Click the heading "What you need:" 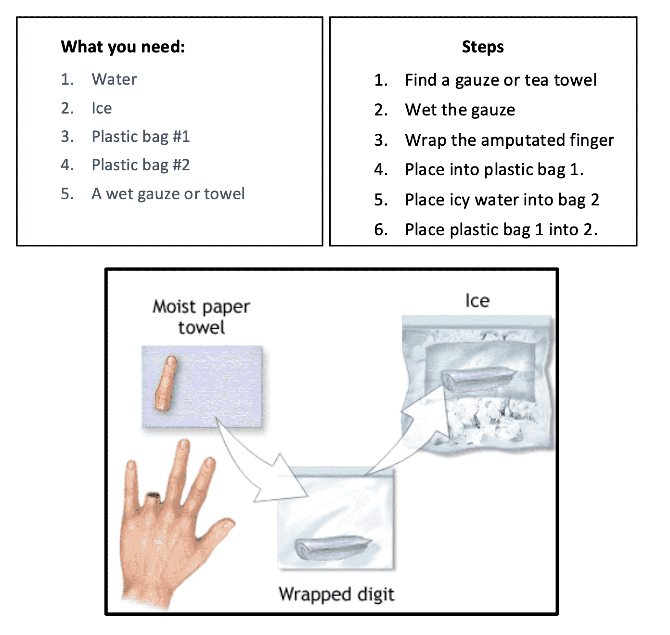[123, 47]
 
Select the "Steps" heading [483, 47]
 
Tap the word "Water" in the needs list [114, 79]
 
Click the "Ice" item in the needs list [102, 108]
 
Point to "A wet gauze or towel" [168, 194]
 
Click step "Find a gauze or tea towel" [501, 80]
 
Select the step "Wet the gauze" [460, 110]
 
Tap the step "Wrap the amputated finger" [510, 140]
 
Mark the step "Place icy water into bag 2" [502, 200]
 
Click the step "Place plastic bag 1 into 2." [502, 229]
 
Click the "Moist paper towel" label [201, 317]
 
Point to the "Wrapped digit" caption [336, 595]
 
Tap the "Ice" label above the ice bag [477, 301]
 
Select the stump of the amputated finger [154, 498]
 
